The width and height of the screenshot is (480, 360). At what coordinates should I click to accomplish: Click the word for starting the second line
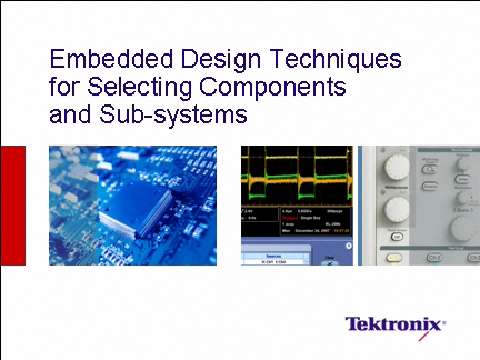(64, 87)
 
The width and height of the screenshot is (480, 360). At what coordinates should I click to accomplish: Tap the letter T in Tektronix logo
(352, 325)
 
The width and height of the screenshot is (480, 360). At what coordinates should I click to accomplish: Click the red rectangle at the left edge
(12, 205)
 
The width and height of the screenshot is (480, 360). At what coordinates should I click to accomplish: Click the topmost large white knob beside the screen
(397, 165)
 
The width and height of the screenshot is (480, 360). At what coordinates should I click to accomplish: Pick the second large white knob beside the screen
(397, 208)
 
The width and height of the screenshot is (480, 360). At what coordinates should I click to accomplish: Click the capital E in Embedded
(58, 59)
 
